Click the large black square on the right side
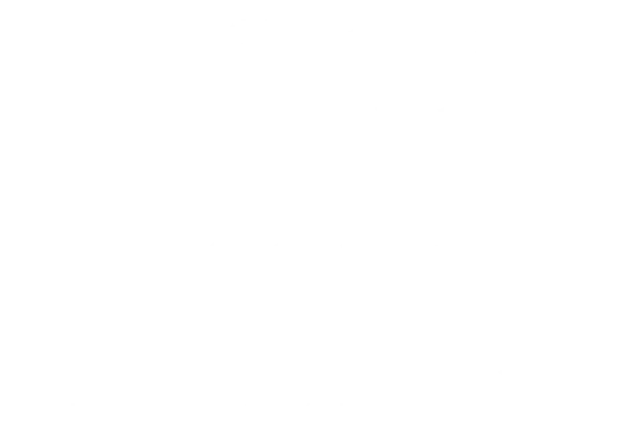click(599, 107)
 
